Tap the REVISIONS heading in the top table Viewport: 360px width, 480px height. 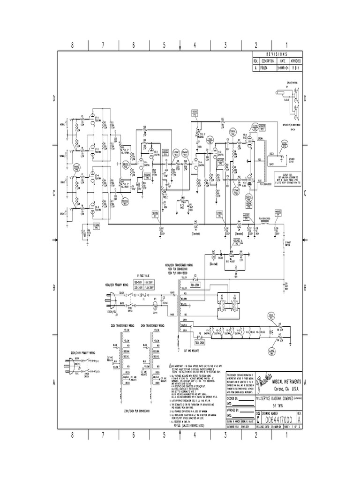277,54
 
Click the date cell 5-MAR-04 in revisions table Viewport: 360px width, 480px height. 283,67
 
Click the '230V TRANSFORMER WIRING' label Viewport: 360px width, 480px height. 123,325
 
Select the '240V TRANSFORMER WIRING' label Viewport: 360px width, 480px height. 154,325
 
